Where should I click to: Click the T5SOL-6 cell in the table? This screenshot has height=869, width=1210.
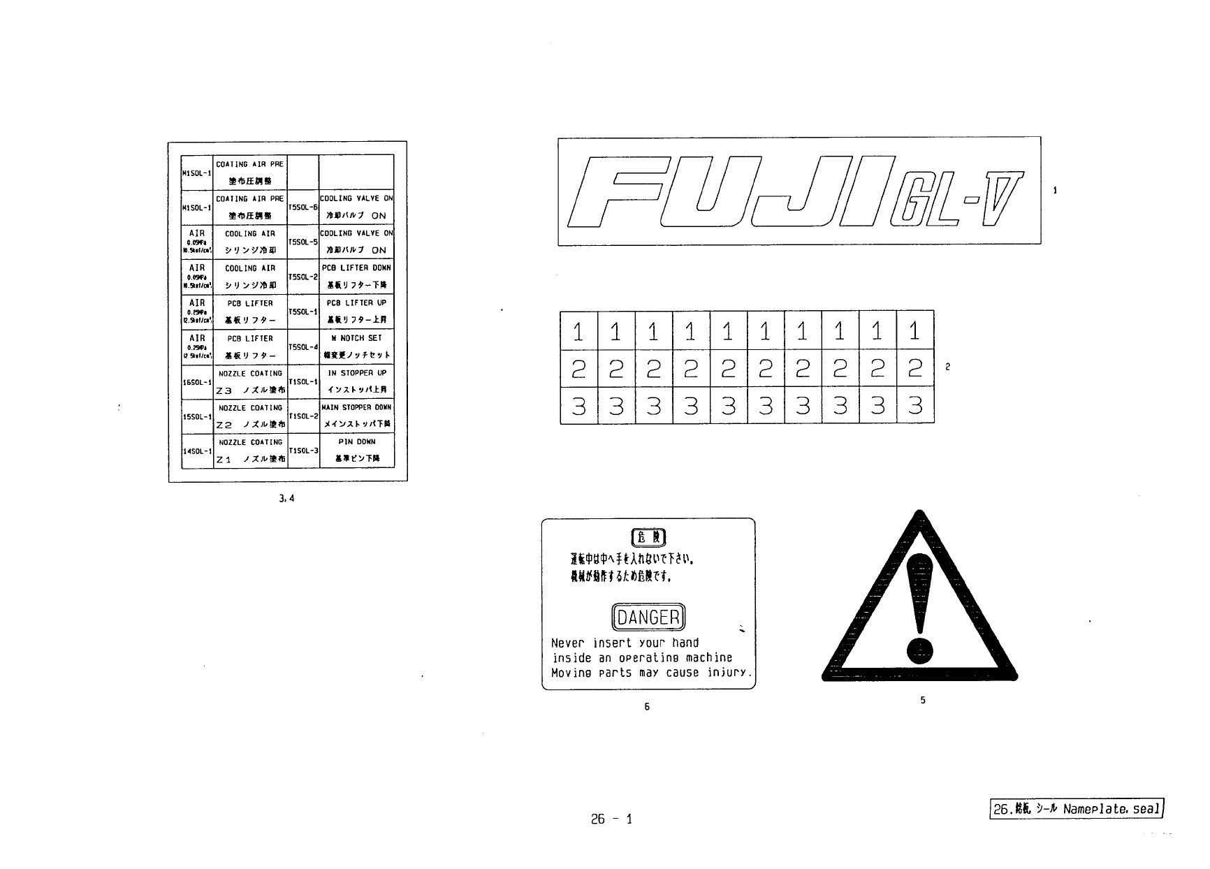pyautogui.click(x=303, y=207)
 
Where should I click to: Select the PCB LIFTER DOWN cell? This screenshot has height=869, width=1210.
pyautogui.click(x=356, y=277)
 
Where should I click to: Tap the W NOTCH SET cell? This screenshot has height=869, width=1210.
pyautogui.click(x=356, y=346)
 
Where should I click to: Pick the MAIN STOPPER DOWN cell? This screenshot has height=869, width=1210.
pyautogui.click(x=356, y=416)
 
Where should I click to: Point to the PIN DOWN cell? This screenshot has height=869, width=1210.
pyautogui.click(x=356, y=451)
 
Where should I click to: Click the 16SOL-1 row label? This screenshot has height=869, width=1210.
pyautogui.click(x=197, y=382)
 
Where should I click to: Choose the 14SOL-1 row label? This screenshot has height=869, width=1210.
pyautogui.click(x=197, y=451)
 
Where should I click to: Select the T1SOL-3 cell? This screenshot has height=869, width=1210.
pyautogui.click(x=303, y=451)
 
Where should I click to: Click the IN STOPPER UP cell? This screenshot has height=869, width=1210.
pyautogui.click(x=356, y=381)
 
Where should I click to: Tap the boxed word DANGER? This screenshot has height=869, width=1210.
pyautogui.click(x=649, y=617)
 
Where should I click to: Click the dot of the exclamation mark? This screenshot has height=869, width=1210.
pyautogui.click(x=919, y=650)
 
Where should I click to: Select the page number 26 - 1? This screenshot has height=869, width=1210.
pyautogui.click(x=611, y=819)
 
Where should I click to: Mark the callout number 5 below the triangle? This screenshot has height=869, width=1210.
pyautogui.click(x=923, y=700)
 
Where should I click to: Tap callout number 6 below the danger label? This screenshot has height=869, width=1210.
pyautogui.click(x=647, y=707)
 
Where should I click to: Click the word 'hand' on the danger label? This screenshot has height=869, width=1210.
pyautogui.click(x=685, y=643)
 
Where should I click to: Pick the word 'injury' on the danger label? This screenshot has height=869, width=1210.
pyautogui.click(x=728, y=673)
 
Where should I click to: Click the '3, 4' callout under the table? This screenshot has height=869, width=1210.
pyautogui.click(x=286, y=499)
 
